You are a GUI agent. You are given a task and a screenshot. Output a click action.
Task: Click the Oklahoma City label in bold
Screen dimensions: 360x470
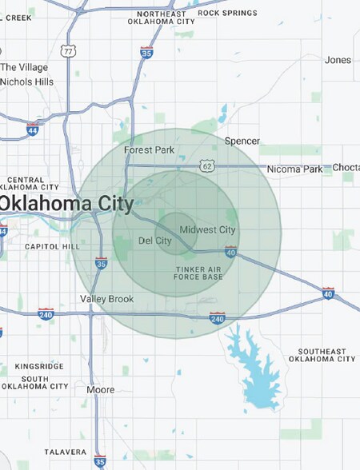(x=67, y=203)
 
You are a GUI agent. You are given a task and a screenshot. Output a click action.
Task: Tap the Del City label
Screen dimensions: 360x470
(x=155, y=240)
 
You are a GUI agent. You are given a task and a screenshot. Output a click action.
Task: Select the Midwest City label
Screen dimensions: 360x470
(x=207, y=230)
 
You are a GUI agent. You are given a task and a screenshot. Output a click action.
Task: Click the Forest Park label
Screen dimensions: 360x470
(x=149, y=149)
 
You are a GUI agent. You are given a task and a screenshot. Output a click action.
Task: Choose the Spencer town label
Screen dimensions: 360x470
(x=242, y=141)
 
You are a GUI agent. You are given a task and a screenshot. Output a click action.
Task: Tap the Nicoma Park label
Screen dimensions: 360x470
(x=296, y=169)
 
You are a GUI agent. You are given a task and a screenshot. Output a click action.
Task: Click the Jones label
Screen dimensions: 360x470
(x=338, y=60)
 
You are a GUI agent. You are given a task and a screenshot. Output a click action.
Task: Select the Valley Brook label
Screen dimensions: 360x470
(x=106, y=299)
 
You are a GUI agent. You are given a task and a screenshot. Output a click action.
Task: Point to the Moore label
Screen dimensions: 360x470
(x=101, y=390)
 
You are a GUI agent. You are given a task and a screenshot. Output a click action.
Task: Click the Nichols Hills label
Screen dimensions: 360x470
(x=27, y=82)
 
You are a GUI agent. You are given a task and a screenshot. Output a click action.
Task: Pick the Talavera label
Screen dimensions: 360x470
(x=65, y=452)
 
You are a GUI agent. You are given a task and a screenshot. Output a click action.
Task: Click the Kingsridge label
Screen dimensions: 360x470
(x=38, y=366)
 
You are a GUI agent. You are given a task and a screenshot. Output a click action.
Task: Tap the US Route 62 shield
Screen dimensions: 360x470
(x=207, y=165)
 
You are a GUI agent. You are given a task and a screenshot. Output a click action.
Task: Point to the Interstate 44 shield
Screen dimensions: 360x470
(x=33, y=129)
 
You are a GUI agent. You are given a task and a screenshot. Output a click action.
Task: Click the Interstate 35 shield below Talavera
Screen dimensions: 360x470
(x=99, y=461)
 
